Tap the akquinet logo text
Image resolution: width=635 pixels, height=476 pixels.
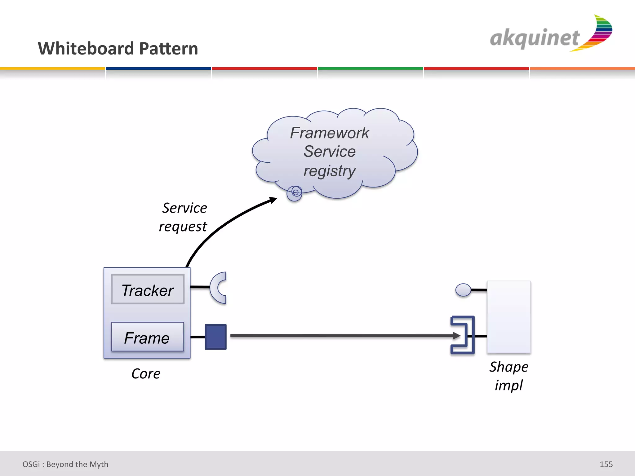(x=535, y=38)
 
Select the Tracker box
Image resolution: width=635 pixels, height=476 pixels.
(x=148, y=289)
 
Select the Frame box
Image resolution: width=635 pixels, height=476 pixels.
(x=148, y=337)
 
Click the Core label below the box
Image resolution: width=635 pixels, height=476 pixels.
(x=146, y=374)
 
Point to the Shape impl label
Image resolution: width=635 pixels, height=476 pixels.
(x=509, y=376)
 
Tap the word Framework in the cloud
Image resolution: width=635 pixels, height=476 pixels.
(x=329, y=133)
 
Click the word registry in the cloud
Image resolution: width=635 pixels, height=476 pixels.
(x=329, y=171)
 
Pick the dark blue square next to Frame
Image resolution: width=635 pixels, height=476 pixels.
(x=215, y=337)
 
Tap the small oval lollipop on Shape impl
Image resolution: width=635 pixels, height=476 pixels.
(x=463, y=290)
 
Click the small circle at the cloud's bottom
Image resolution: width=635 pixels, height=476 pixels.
(x=295, y=193)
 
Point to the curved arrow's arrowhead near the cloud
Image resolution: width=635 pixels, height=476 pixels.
(x=273, y=200)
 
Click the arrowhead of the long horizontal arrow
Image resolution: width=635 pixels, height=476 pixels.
(x=456, y=336)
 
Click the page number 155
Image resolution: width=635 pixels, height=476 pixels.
(x=606, y=464)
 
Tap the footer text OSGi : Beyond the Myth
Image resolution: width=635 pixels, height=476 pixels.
(x=65, y=464)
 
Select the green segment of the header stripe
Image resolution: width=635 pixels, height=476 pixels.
(x=370, y=68)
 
